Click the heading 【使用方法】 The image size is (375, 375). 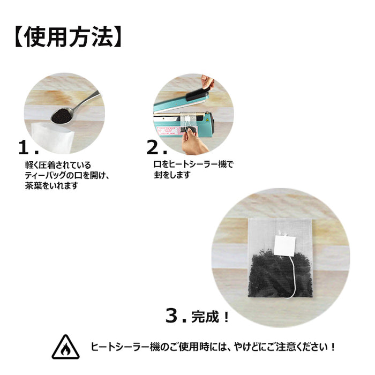[x=66, y=36]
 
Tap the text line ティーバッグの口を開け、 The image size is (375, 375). [x=66, y=175]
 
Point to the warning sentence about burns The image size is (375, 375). [x=214, y=347]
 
